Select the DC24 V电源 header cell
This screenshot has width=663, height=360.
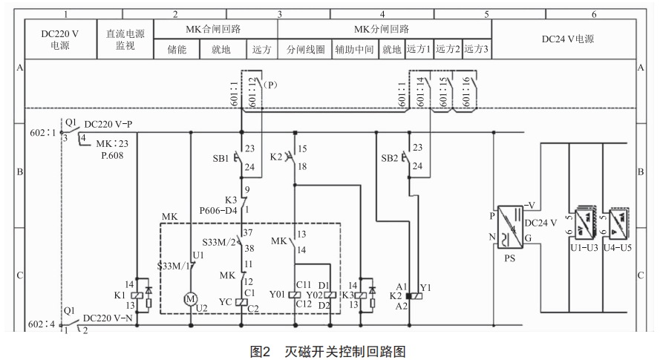coord(568,39)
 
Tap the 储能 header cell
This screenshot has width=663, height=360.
coord(177,50)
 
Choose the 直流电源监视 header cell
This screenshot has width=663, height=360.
coord(125,39)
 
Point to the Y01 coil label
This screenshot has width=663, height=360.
coord(278,294)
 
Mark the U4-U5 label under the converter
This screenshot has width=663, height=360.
coord(618,246)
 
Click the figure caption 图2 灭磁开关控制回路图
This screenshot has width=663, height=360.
coord(330,350)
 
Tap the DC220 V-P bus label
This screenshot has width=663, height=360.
coord(108,124)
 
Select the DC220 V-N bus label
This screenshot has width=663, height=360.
coord(108,318)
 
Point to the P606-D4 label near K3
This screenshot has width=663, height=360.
coord(219,210)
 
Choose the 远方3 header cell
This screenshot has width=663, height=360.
coord(476,50)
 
